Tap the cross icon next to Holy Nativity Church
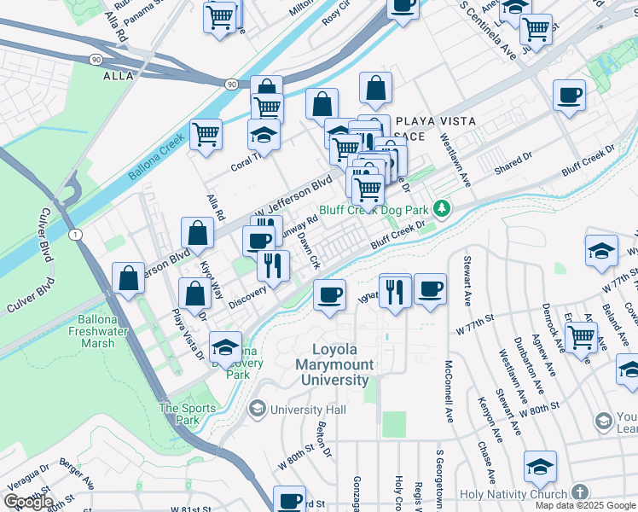[x=579, y=493]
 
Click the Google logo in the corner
[x=28, y=502]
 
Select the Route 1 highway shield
[x=77, y=234]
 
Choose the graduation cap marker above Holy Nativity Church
[x=540, y=466]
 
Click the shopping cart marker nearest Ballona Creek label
[x=206, y=133]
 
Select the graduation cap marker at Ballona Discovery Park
[x=226, y=346]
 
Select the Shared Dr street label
[x=513, y=162]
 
